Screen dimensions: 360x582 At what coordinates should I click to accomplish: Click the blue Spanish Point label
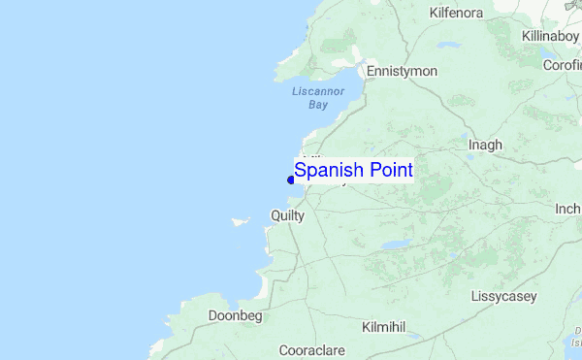pos(354,171)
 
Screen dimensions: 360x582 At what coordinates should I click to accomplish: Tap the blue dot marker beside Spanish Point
pos(291,180)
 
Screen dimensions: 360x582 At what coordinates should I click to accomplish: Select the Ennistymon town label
pos(402,72)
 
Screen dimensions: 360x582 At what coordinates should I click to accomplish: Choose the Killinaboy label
pos(549,36)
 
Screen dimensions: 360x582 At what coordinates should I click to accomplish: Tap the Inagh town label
pos(485,146)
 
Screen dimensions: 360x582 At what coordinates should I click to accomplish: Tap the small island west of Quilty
pos(241,221)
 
